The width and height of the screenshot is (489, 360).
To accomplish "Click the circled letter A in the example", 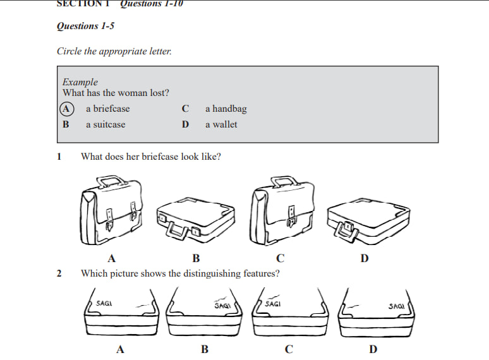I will pos(66,109).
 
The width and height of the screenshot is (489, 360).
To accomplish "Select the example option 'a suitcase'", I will pos(106,124).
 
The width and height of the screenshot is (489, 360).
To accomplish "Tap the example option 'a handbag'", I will pos(226,109).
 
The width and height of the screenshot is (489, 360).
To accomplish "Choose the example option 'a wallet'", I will pos(221,124).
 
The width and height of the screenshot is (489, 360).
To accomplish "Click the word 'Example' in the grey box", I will pos(80,82).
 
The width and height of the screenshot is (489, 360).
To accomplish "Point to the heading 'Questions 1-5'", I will pos(85,27).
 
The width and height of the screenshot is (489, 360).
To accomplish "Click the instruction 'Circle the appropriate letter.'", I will pos(114,51).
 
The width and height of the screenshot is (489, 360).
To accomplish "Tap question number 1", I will pos(59,157).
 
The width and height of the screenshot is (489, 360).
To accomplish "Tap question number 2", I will pos(59,273).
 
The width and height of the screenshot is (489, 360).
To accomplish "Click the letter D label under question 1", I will pos(365,258).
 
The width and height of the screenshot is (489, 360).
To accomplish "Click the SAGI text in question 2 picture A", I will pos(104,304).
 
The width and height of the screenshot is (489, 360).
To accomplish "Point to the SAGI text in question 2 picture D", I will pos(396,306).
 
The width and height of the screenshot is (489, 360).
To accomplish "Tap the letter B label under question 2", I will pos(204,349).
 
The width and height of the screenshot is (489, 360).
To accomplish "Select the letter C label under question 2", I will pos(289,349).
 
